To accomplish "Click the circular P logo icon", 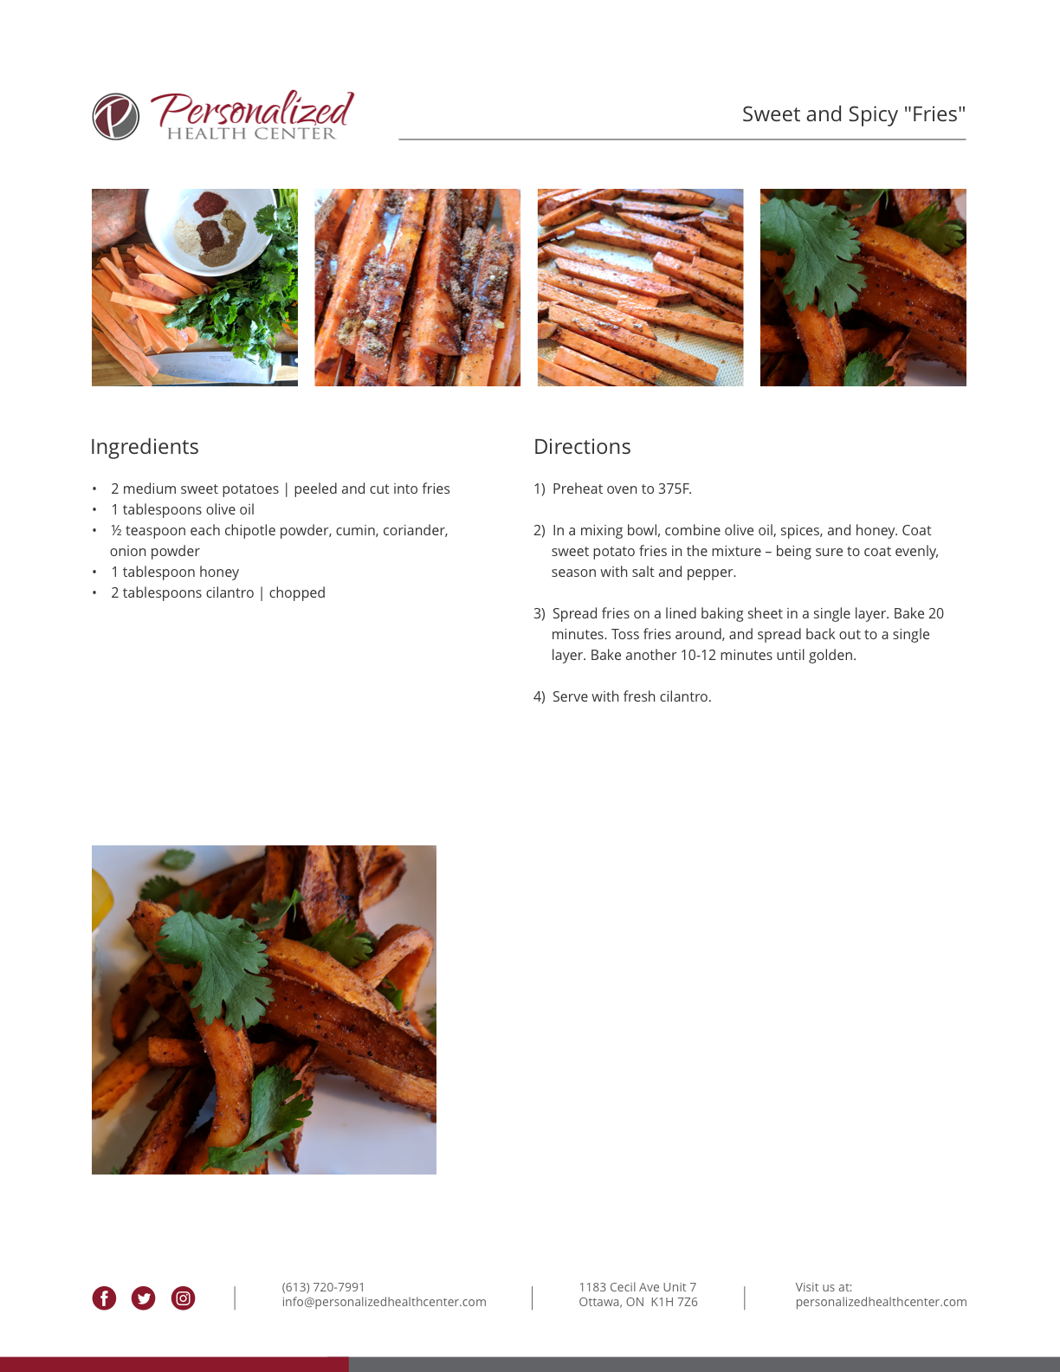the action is pyautogui.click(x=115, y=117).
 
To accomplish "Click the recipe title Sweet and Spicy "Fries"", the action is pyautogui.click(x=854, y=114).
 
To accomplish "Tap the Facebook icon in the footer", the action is pyautogui.click(x=104, y=1298).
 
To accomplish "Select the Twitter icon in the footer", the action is pyautogui.click(x=143, y=1298).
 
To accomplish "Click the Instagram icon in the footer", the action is pyautogui.click(x=183, y=1298).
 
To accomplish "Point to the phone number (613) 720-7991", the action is pyautogui.click(x=323, y=1287).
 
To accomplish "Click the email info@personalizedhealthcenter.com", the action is pyautogui.click(x=384, y=1302).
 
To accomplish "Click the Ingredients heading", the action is pyautogui.click(x=145, y=447).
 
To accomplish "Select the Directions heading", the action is pyautogui.click(x=582, y=446).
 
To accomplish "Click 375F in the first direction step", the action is pyautogui.click(x=675, y=489).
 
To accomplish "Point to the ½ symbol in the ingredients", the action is pyautogui.click(x=117, y=530).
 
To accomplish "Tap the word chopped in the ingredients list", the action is pyautogui.click(x=297, y=592).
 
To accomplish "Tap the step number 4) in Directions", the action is pyautogui.click(x=540, y=696).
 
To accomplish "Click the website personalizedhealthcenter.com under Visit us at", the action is pyautogui.click(x=881, y=1302).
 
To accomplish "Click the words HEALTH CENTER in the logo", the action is pyautogui.click(x=251, y=133).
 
